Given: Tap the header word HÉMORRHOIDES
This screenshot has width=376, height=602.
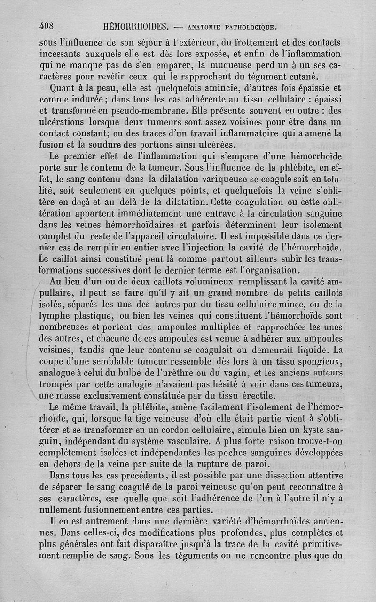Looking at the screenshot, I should (x=136, y=26).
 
